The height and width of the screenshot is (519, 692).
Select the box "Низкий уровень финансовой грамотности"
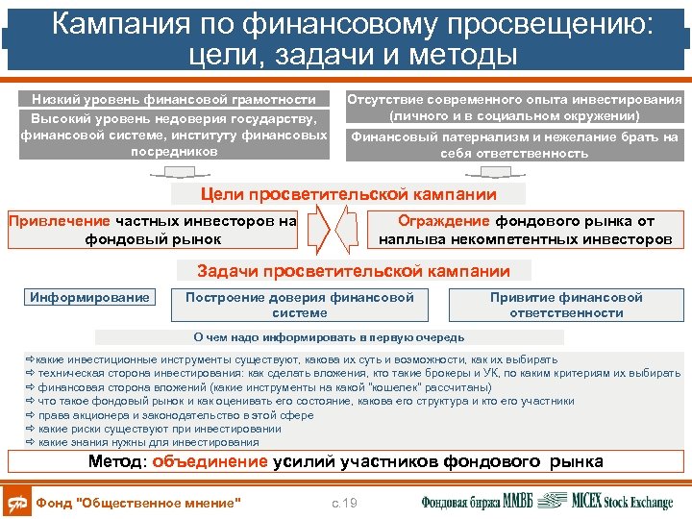(x=173, y=99)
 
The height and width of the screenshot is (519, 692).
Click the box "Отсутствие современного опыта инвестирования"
(x=514, y=107)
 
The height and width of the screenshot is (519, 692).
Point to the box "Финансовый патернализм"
(x=514, y=145)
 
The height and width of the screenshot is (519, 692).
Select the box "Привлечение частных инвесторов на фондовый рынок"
(x=153, y=230)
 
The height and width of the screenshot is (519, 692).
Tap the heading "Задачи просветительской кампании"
(x=354, y=271)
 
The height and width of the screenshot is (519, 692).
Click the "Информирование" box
(x=90, y=297)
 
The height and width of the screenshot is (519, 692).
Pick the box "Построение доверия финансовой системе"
(x=300, y=305)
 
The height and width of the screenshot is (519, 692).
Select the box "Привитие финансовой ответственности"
(x=566, y=305)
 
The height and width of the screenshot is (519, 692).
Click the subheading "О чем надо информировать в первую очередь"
(x=329, y=337)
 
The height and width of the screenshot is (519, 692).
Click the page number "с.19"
(x=343, y=503)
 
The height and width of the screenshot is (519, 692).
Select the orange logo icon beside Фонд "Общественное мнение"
(x=17, y=503)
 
